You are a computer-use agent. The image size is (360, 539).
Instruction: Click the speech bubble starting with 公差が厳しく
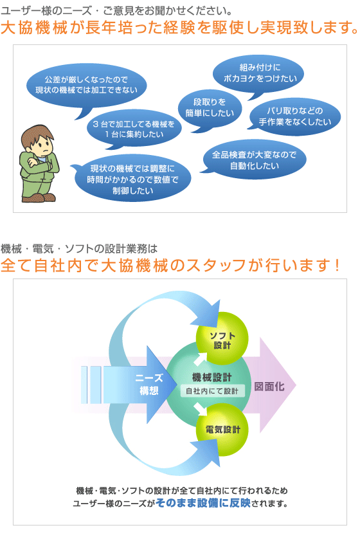87,86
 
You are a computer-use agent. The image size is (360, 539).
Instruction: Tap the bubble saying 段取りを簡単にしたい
210,108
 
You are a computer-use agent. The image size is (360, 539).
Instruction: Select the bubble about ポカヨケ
258,73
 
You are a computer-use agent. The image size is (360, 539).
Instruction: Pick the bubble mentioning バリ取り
294,116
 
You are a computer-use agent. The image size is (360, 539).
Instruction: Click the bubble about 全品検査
254,160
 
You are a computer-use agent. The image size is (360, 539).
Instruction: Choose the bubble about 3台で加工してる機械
134,129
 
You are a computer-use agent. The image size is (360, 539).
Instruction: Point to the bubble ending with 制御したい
132,178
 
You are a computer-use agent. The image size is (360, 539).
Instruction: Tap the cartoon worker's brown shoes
39,197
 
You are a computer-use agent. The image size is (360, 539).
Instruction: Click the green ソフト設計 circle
222,338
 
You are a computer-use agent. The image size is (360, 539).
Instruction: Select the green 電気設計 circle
222,430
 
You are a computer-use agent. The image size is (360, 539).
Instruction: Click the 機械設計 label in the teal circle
212,378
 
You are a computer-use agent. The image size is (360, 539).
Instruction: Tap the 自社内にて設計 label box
213,391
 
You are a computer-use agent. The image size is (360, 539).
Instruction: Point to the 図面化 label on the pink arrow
269,387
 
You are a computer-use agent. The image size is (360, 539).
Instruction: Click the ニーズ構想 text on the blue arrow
149,385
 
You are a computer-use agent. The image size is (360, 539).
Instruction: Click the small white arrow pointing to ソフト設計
200,358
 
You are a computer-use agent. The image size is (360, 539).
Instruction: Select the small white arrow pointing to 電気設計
200,408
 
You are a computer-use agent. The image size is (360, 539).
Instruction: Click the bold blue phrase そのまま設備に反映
203,503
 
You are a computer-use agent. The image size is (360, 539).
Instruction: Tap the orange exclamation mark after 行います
337,266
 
